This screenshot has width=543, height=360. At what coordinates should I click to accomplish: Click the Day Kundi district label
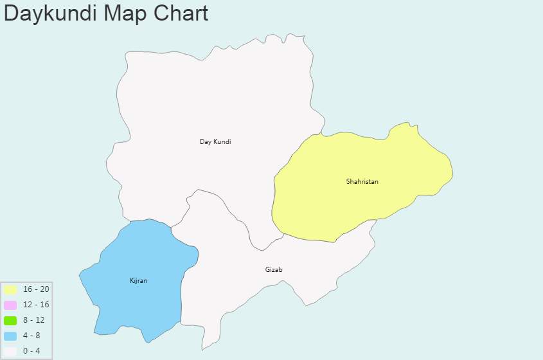point(215,141)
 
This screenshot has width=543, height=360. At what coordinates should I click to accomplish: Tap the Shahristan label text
point(362,181)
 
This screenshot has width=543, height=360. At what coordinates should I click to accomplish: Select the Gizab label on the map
point(274,269)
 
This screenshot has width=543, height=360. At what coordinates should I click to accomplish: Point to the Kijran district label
point(138,281)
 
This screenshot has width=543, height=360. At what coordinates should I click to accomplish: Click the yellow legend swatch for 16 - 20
point(10,289)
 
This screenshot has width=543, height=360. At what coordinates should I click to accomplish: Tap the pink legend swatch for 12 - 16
point(10,305)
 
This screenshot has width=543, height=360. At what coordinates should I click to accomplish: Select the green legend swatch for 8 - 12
point(10,320)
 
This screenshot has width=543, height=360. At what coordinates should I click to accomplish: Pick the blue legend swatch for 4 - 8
point(10,336)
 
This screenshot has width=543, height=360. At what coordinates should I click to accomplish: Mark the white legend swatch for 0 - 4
point(10,351)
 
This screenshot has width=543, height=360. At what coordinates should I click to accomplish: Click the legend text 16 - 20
point(36,289)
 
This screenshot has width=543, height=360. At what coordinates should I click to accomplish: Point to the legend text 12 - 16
point(36,305)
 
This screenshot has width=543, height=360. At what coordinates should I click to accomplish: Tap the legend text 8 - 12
point(34,320)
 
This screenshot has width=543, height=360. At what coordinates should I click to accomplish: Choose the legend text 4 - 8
point(31,336)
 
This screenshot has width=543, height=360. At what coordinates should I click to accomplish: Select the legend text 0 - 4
point(31,351)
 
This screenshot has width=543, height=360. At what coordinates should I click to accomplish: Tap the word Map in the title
point(129,14)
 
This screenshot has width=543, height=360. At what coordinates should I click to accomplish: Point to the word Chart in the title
point(182,14)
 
